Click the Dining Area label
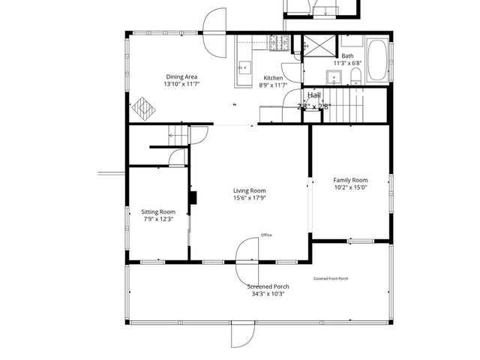pyautogui.click(x=181, y=76)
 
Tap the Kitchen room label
pyautogui.click(x=272, y=78)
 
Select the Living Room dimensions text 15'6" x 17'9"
pyautogui.click(x=249, y=198)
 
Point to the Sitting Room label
pyautogui.click(x=158, y=211)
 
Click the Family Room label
pyautogui.click(x=350, y=180)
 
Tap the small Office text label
pyautogui.click(x=266, y=235)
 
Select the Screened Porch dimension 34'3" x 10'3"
pyautogui.click(x=268, y=293)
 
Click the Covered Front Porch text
pyautogui.click(x=331, y=278)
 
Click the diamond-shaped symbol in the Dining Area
pyautogui.click(x=143, y=108)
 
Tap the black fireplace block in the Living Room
pyautogui.click(x=193, y=198)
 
